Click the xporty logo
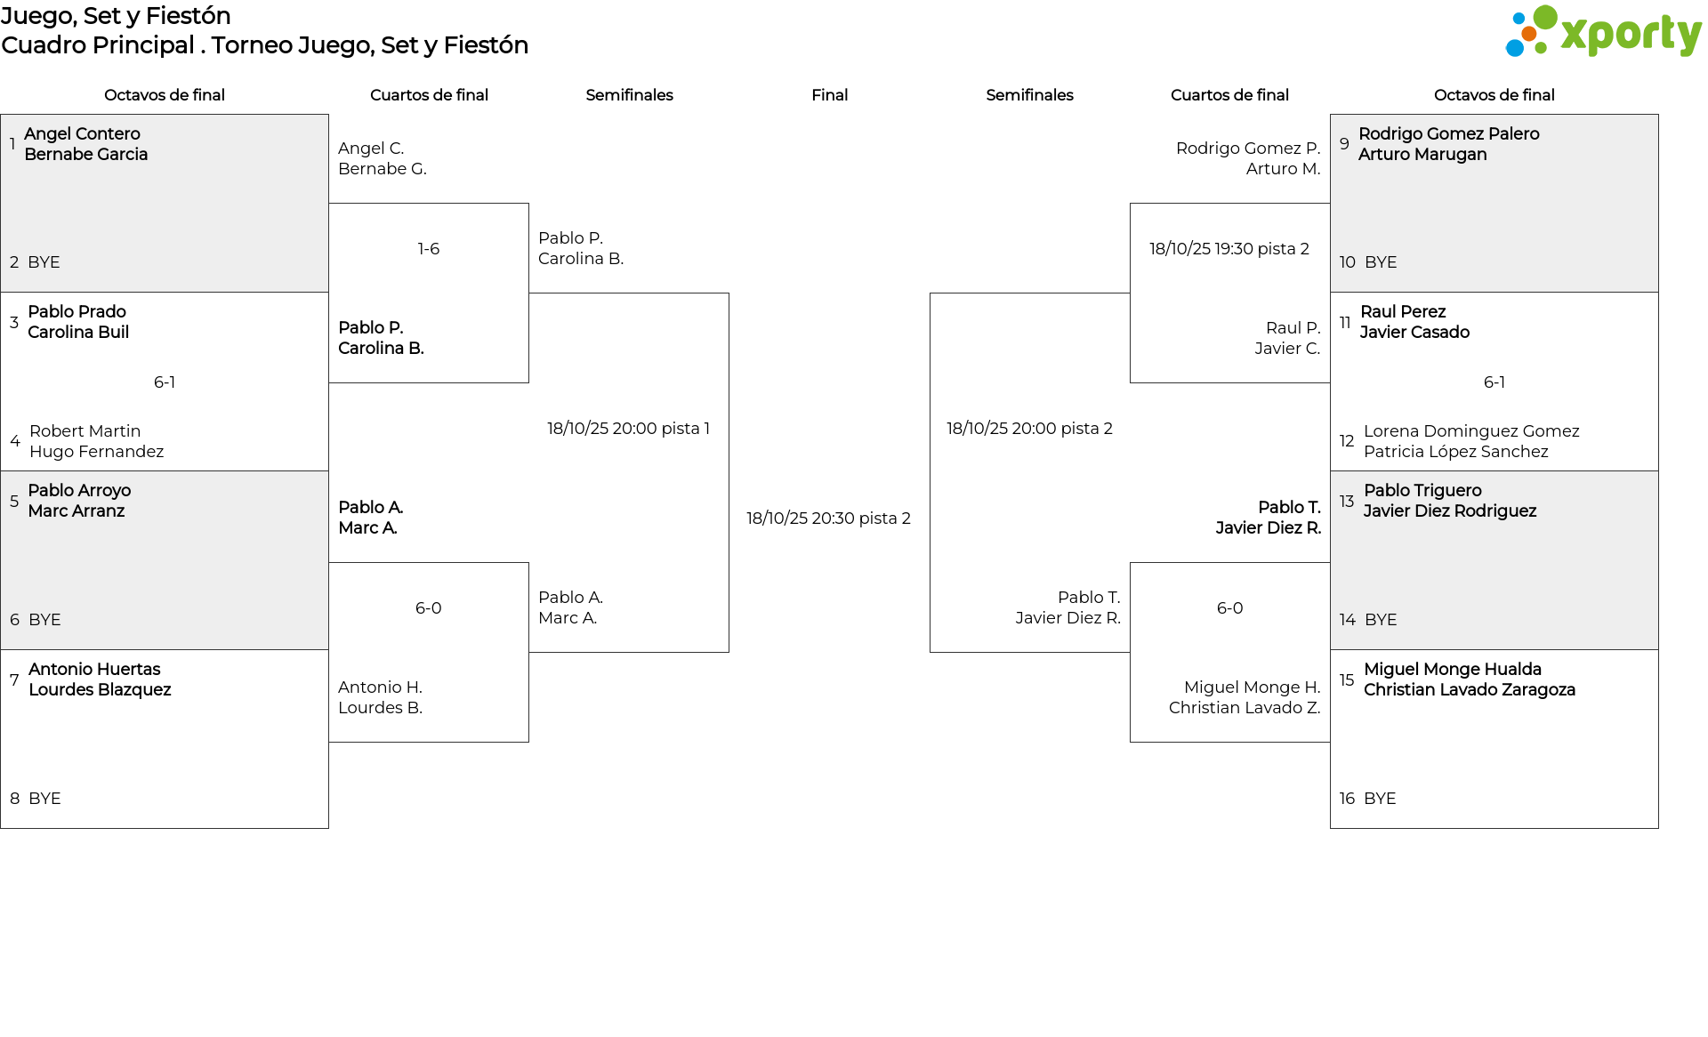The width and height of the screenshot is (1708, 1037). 1603,32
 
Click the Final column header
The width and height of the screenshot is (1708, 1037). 829,95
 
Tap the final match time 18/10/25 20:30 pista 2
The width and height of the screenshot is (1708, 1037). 828,518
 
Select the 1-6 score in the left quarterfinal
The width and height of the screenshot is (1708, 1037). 429,249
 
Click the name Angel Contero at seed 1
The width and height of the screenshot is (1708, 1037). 82,134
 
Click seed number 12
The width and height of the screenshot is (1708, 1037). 1347,441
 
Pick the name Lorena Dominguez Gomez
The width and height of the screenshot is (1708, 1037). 1471,431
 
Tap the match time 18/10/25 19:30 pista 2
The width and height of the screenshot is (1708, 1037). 1229,249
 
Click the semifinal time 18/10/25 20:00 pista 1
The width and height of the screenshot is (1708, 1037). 628,429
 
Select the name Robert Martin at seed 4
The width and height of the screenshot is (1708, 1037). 85,431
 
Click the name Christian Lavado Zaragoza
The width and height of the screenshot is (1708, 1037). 1470,690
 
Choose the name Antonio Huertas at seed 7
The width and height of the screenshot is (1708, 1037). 94,670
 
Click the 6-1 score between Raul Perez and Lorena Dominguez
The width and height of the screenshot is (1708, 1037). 1494,382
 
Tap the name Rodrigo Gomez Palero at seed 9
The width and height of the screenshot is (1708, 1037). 1448,134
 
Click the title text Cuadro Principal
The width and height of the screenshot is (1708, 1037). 98,45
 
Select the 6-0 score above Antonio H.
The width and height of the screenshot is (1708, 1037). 429,608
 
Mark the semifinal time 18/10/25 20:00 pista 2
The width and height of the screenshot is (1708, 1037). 1029,429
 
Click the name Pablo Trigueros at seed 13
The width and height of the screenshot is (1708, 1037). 1422,491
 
